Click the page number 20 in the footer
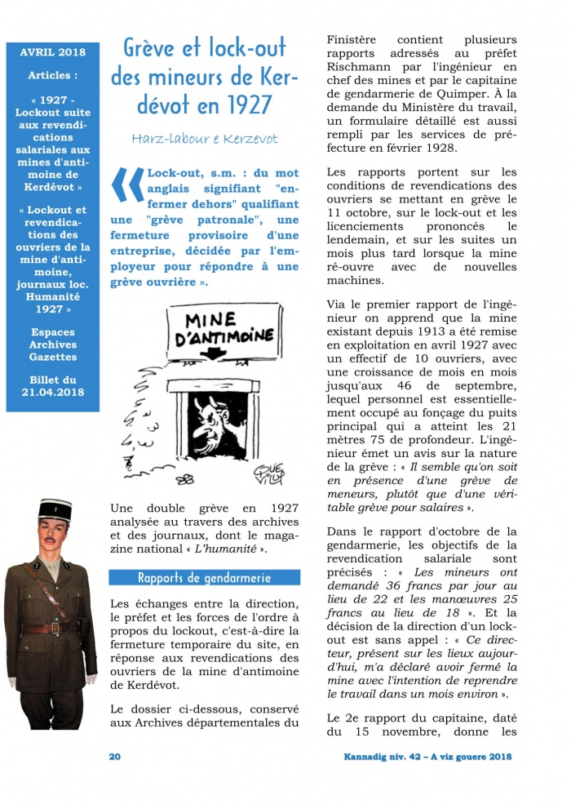pos(115,757)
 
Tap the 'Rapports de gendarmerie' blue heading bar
pos(204,578)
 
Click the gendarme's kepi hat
pos(55,513)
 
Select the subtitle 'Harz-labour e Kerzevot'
pos(204,138)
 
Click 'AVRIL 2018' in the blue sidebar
pos(52,53)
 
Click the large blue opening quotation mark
pos(126,195)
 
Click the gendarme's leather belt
pos(51,628)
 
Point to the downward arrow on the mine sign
pos(214,353)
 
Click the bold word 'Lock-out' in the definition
pos(173,173)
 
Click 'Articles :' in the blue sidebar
pos(52,75)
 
